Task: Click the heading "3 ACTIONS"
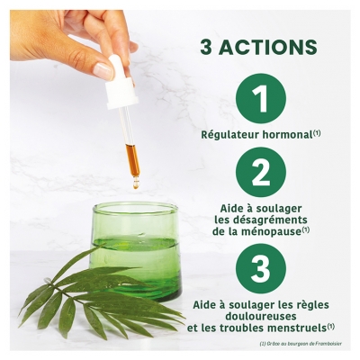pyautogui.click(x=258, y=47)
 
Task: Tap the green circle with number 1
pyautogui.click(x=261, y=99)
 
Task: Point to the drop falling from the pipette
pyautogui.click(x=136, y=185)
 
